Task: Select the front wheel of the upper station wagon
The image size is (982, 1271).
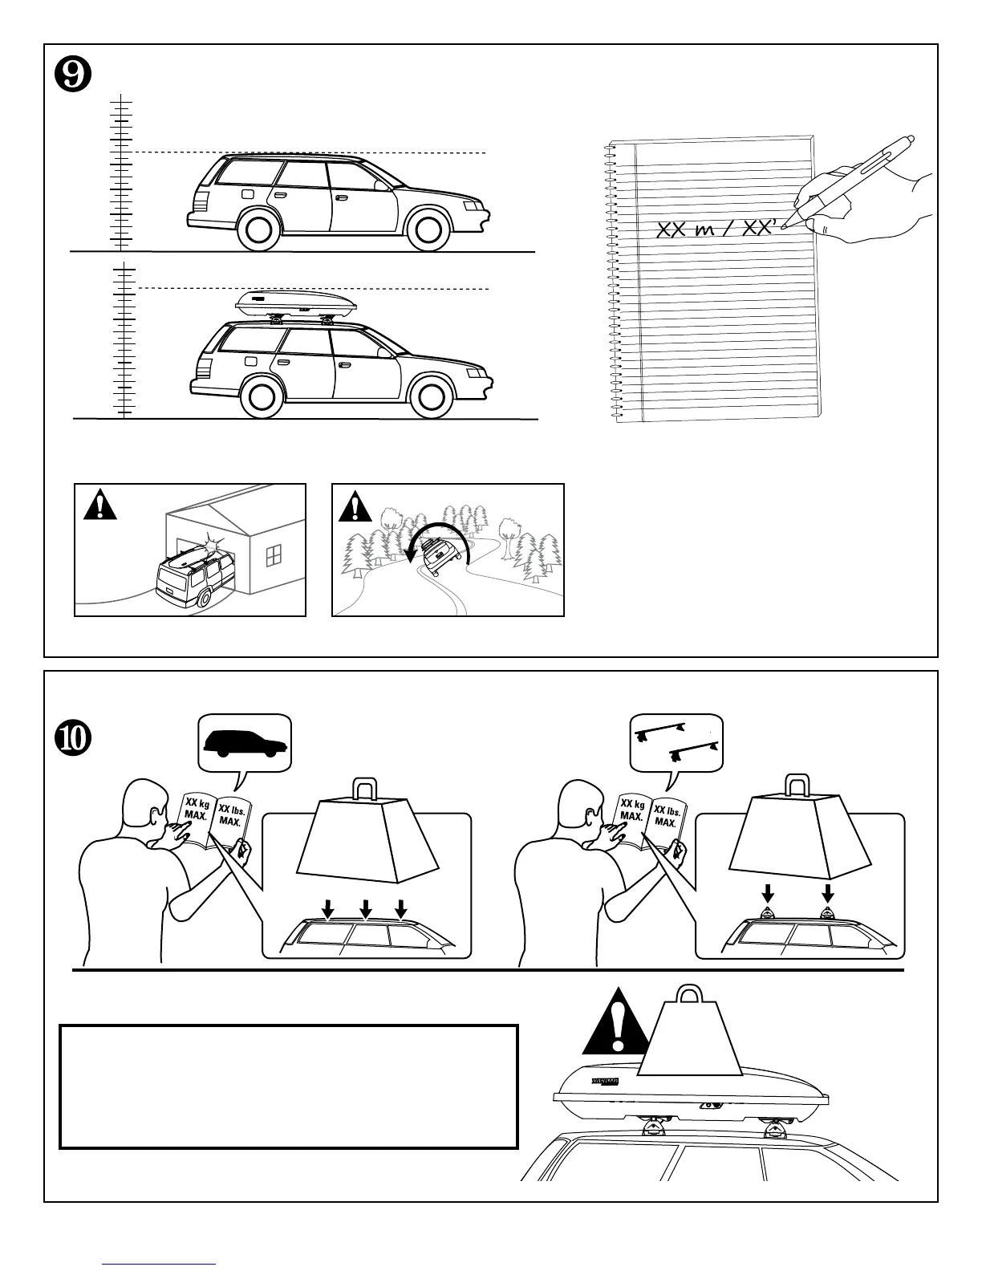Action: pos(428,228)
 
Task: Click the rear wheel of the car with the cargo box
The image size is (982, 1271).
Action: pos(265,396)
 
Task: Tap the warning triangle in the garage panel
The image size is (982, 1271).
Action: pos(99,506)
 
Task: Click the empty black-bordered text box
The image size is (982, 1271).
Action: pos(288,1086)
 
